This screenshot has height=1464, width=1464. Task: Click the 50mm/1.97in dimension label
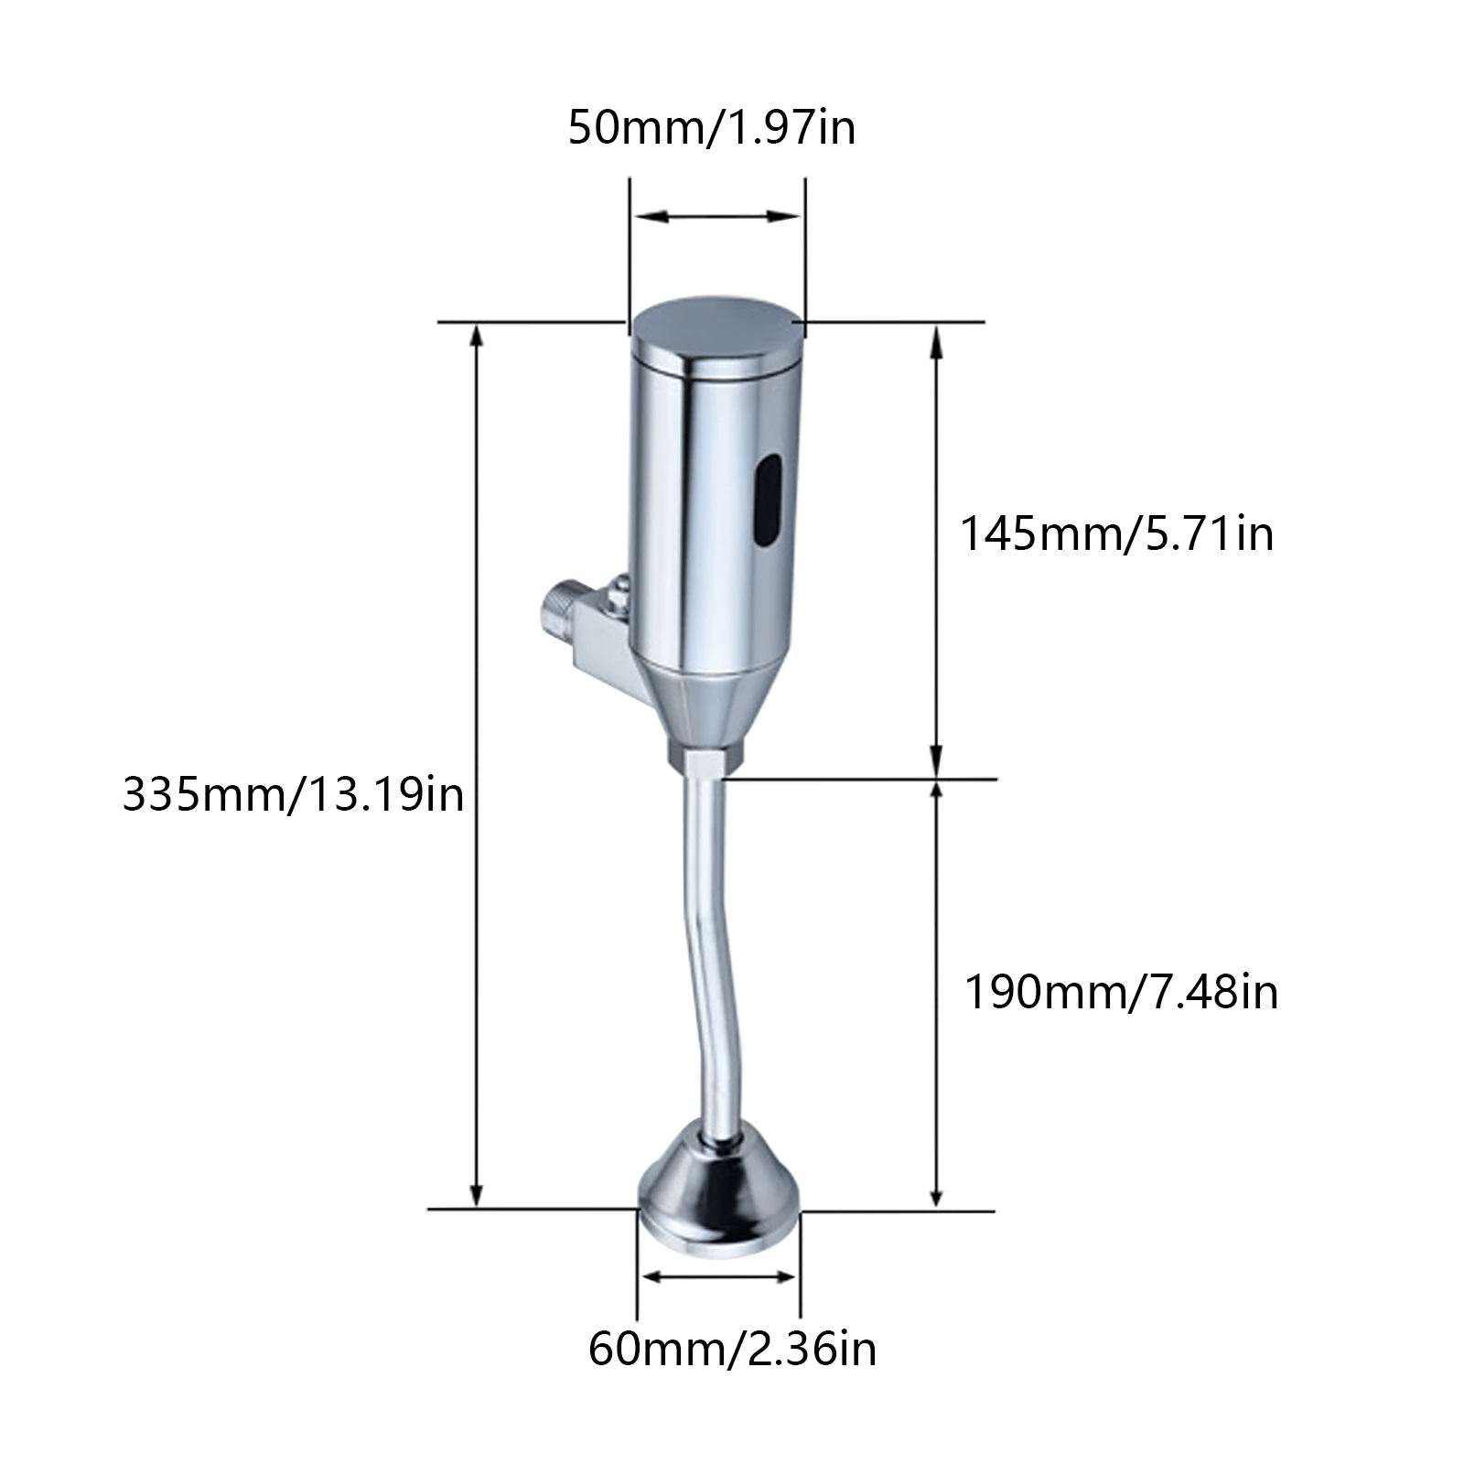(x=712, y=127)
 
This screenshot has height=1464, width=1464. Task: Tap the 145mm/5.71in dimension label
(x=1116, y=533)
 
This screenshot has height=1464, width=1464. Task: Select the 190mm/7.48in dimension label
(x=1122, y=992)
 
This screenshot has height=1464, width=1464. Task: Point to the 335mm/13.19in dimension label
(x=294, y=794)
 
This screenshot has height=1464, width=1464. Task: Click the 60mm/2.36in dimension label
(x=732, y=1349)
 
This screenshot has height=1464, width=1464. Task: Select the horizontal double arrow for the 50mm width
(x=717, y=217)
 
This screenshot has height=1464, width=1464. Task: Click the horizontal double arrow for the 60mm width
(x=718, y=1277)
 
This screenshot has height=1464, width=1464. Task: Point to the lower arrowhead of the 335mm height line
(x=476, y=1195)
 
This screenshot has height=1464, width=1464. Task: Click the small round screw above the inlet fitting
(x=621, y=587)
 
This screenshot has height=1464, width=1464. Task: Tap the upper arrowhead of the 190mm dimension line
(x=936, y=792)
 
